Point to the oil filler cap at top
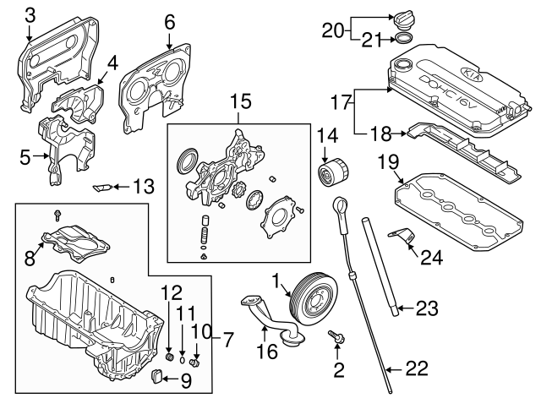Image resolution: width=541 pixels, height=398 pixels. point(402,18)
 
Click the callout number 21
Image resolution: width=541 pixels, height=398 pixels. point(373,38)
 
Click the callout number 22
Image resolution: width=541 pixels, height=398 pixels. point(417,368)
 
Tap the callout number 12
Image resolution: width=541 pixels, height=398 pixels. point(171,293)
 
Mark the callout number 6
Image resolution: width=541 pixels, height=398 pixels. point(169,20)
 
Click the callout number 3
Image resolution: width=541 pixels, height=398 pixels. point(30,14)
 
